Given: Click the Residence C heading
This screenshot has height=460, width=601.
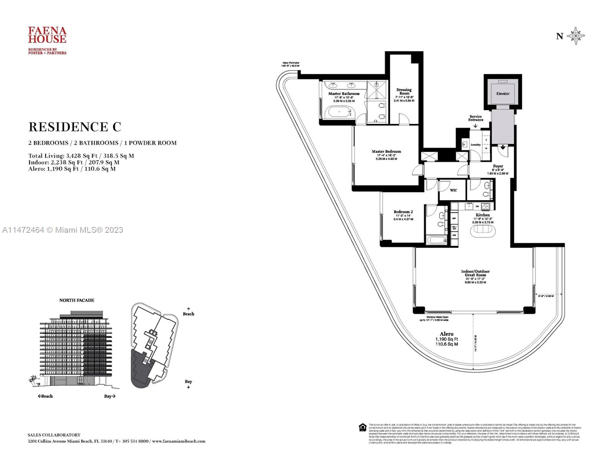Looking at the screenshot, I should coord(75,127).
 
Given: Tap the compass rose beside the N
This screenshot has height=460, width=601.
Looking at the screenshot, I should coord(575,36).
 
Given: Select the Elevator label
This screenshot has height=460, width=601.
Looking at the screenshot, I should coord(503,94).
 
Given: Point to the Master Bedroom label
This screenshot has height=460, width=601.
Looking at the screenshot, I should coord(386,152).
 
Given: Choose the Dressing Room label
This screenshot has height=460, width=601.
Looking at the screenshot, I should coord(404,92).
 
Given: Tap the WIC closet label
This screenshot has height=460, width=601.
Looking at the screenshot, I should coord(453,191).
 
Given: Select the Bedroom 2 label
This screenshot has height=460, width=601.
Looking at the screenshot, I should coord(403,212).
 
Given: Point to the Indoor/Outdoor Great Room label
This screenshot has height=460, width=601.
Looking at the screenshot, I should coord(475,273).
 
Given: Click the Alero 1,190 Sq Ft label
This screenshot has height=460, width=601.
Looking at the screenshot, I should coord(446,339).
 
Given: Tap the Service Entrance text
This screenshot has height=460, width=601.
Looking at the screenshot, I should coord(475,118).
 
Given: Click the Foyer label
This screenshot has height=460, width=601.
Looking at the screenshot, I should coord(498,166).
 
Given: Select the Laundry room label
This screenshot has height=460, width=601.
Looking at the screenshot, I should coord(475,145).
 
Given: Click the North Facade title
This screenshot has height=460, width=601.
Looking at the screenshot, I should coord(77,300).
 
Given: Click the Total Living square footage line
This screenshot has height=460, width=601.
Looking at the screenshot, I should coord(81,156).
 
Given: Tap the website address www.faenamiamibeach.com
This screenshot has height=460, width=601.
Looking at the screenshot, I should coord(178,441).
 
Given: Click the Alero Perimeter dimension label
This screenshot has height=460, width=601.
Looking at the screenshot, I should coord(290,64).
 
